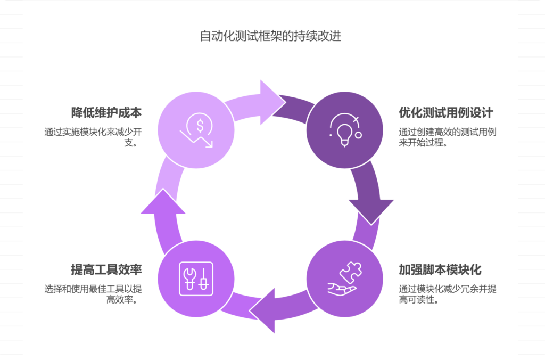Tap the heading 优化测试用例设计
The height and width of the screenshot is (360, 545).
(446, 113)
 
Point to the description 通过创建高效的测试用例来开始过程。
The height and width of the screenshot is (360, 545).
(448, 137)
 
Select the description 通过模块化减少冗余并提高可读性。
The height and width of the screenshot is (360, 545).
(448, 294)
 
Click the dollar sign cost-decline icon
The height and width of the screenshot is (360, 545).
(196, 132)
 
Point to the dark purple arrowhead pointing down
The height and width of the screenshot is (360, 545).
(370, 210)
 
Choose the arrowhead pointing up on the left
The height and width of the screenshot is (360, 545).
(163, 201)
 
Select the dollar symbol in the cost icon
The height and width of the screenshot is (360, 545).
(200, 126)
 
